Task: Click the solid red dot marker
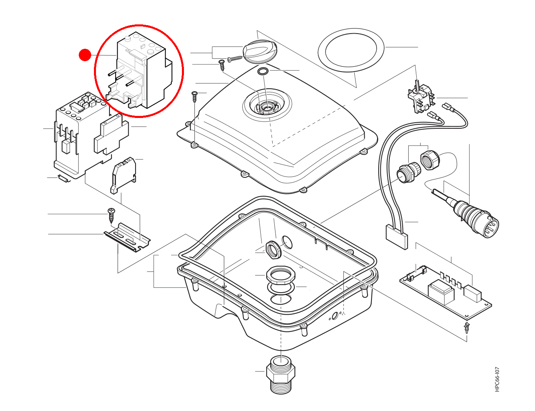(x=85, y=55)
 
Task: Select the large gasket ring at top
(x=351, y=50)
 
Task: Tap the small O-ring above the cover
(x=263, y=71)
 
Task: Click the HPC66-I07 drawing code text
(x=497, y=379)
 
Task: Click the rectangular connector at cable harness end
(x=397, y=237)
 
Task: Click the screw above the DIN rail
(x=111, y=214)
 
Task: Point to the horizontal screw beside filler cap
(x=235, y=59)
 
